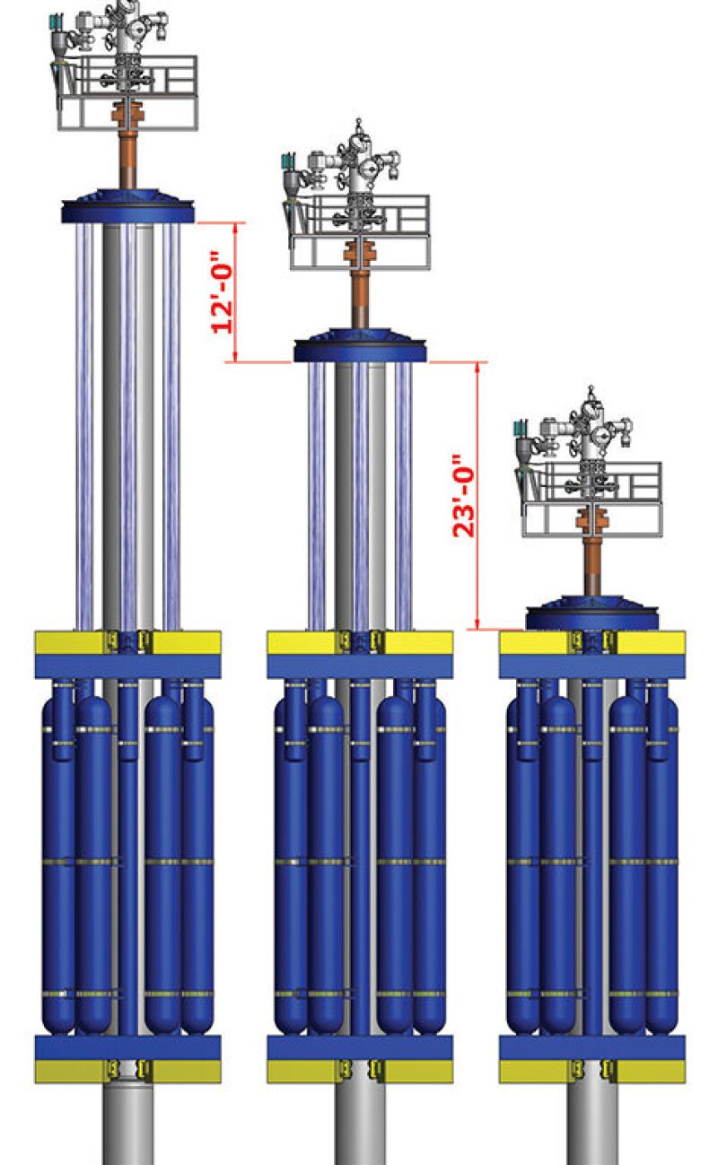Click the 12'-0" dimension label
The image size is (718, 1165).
tap(221, 292)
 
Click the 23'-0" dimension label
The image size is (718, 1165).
tap(464, 496)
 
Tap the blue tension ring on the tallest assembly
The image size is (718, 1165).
tap(128, 207)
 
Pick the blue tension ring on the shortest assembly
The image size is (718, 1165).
tap(592, 613)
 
